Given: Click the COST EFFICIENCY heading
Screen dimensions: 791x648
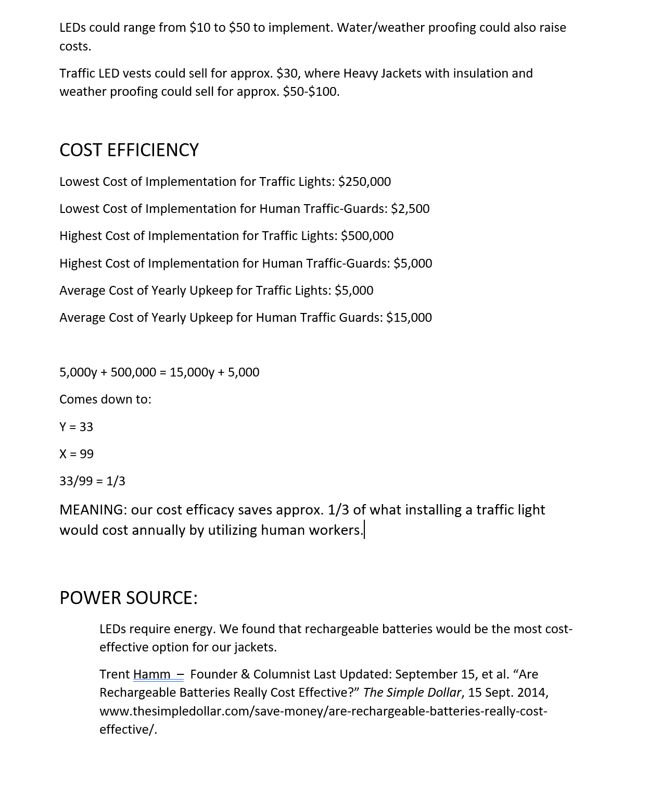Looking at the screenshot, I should [129, 150].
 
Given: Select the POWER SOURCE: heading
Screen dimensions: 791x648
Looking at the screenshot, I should [129, 598].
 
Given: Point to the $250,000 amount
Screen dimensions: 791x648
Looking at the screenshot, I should [364, 182].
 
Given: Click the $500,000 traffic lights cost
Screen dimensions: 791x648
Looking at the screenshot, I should [367, 236].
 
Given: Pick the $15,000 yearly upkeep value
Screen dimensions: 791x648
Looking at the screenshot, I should [409, 318].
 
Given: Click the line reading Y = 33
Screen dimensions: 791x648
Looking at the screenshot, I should [76, 427].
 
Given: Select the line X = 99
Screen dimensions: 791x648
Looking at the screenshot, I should [77, 454].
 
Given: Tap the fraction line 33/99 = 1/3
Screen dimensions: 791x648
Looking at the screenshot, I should [92, 481].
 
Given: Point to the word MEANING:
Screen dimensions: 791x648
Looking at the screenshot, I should [93, 510].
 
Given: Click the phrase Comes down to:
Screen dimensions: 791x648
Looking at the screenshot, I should [105, 399].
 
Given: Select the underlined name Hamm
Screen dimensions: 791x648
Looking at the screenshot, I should [151, 674].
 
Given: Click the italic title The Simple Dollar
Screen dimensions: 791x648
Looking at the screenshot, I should [412, 693].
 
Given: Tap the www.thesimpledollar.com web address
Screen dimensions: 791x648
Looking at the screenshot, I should [323, 711].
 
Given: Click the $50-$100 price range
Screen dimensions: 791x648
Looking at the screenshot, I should [311, 92].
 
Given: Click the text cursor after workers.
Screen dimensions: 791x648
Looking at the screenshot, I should [364, 530].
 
